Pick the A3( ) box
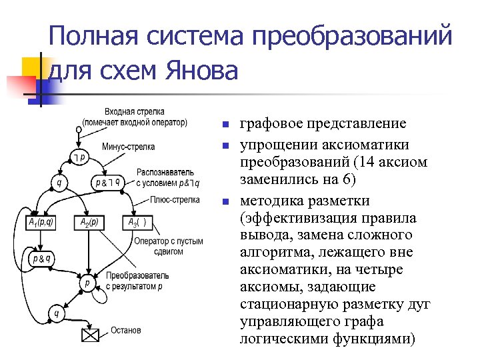tap(137, 222)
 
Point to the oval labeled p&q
tap(41, 257)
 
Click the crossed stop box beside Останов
tap(90, 335)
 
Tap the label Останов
tap(126, 330)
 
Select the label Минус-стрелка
tap(129, 147)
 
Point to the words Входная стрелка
tap(135, 112)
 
